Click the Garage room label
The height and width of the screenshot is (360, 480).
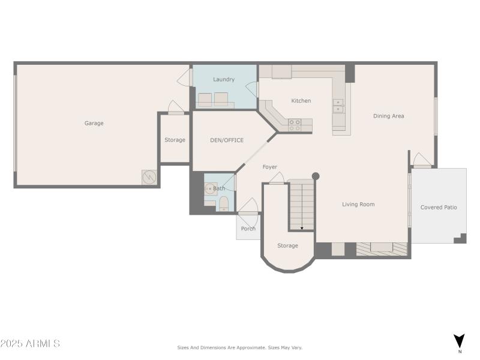[94, 123]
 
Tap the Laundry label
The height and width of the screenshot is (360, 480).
[224, 79]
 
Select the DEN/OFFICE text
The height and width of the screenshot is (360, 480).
[226, 140]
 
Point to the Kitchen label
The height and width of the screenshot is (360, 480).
[301, 101]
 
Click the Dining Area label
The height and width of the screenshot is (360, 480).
[388, 116]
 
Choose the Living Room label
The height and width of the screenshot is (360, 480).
[358, 205]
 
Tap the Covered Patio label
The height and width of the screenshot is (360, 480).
[439, 208]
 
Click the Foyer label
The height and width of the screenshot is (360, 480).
[270, 167]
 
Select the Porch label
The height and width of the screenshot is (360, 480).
[248, 229]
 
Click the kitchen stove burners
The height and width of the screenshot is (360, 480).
[295, 125]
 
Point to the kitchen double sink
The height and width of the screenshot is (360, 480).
[338, 106]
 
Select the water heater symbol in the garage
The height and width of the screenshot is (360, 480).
[149, 178]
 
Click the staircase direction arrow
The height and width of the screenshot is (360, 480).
[301, 227]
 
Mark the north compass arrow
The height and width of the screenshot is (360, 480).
[459, 341]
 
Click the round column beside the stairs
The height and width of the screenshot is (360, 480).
[316, 176]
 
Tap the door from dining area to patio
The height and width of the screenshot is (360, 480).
[422, 160]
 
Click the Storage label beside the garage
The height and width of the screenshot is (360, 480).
[175, 140]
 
